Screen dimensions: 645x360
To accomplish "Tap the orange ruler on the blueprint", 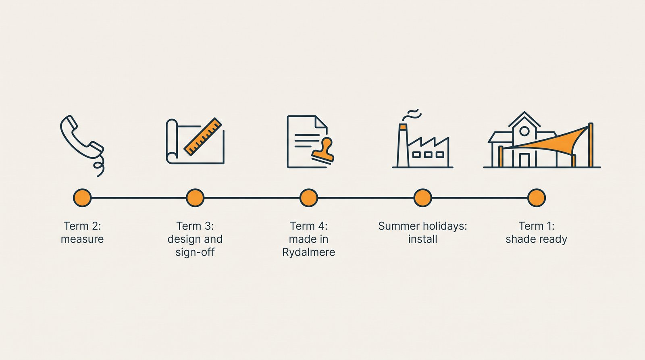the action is [203, 137].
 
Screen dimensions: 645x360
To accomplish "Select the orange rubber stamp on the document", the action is [323, 151].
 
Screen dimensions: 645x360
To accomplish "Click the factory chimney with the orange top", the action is [403, 146].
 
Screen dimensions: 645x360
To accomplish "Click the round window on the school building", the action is [524, 131].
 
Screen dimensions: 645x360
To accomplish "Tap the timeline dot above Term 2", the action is [82, 198].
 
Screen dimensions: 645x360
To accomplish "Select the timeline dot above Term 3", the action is [195, 198].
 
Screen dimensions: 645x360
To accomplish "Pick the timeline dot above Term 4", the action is [309, 198].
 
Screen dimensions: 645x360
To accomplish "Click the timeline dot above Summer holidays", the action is [423, 198].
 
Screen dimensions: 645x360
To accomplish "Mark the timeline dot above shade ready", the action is [537, 198].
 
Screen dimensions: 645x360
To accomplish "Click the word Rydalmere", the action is [309, 253].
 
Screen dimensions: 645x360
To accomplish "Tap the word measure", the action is [82, 239].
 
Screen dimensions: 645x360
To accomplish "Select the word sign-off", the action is [195, 253].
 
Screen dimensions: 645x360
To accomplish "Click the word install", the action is [423, 239].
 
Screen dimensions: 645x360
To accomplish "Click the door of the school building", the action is [524, 160].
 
